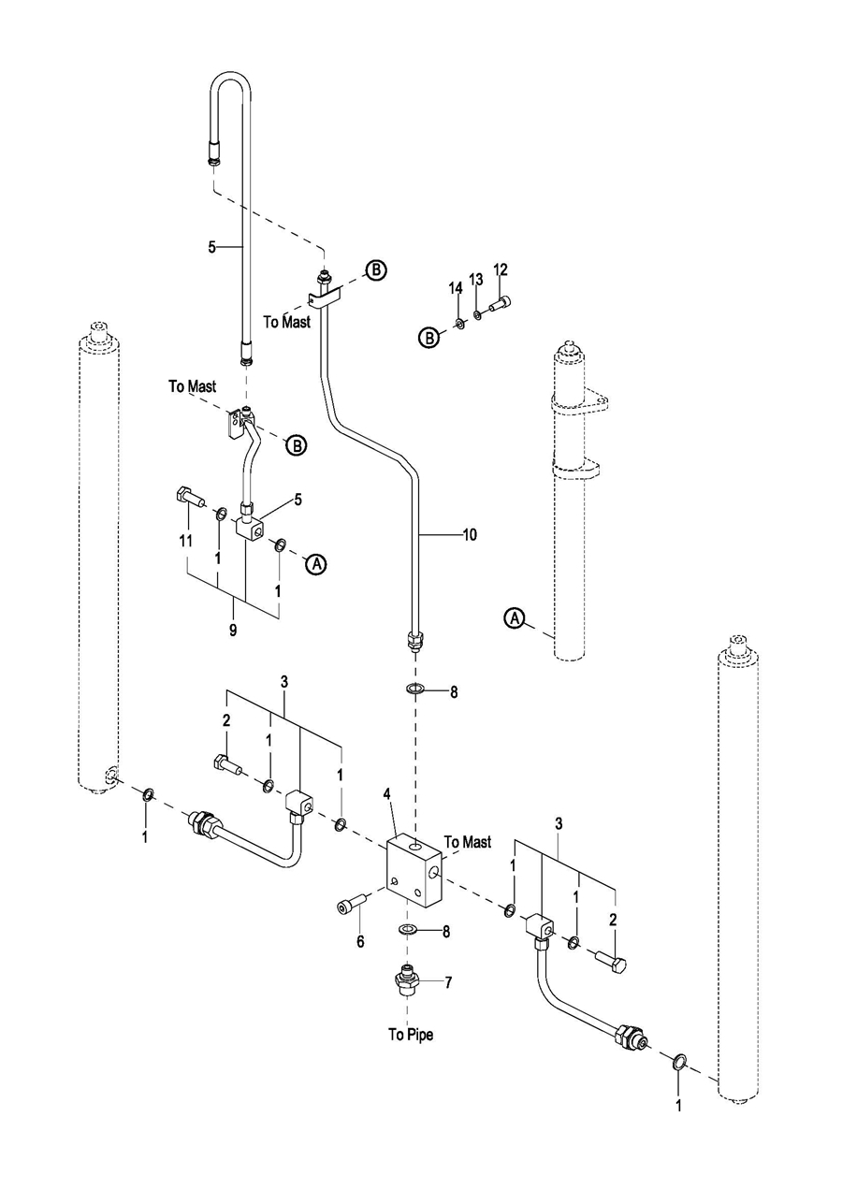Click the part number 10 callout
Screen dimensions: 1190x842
click(470, 535)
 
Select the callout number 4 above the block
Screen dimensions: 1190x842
click(386, 794)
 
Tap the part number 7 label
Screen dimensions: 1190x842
click(448, 982)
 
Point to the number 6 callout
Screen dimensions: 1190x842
click(360, 942)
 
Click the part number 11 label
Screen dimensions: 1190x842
click(185, 540)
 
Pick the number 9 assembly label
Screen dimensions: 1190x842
click(232, 630)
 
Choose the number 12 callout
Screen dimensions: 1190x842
click(501, 269)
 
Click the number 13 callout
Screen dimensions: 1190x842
click(476, 279)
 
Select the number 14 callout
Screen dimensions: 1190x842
click(456, 288)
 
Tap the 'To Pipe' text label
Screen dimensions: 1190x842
click(411, 1034)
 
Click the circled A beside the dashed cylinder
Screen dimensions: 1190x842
click(514, 617)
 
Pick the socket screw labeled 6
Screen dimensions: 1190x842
click(348, 905)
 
